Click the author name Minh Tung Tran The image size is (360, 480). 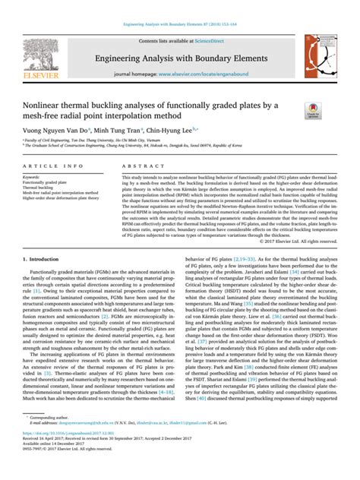[x=130, y=130]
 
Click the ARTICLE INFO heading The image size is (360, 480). [x=49, y=166]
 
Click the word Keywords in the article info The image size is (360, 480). [x=35, y=176]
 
